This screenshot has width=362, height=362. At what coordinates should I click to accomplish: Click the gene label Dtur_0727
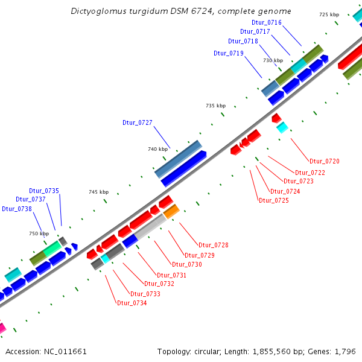pos(137,122)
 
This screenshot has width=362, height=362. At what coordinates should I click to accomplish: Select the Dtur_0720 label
pos(324,161)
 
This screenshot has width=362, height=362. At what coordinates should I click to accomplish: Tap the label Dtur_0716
pos(266,22)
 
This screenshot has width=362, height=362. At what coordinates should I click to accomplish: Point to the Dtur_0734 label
pos(132,303)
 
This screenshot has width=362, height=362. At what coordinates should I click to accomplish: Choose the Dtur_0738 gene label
pos(16,209)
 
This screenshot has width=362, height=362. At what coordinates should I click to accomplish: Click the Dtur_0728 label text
pos(214,245)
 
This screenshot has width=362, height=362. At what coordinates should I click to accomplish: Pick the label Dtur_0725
pos(273,200)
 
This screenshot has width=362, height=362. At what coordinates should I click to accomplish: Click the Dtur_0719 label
pos(229,53)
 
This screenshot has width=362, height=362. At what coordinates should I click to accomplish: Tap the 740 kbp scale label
pos(157,149)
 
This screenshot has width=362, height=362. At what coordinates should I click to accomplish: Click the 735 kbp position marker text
pos(215,106)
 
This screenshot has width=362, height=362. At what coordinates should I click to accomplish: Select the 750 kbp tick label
pos(39,233)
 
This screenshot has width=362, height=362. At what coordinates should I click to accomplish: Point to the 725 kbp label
pos(329,14)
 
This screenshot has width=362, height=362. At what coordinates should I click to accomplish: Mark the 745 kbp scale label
pos(98,192)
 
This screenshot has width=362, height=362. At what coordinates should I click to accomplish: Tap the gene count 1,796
pos(345,351)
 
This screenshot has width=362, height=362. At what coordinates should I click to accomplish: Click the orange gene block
pos(171,211)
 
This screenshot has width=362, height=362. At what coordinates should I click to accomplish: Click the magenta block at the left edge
pos(2,328)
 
